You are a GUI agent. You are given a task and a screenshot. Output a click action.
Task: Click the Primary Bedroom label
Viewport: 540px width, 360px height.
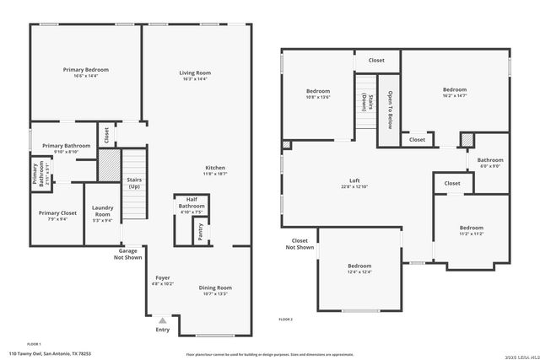coord(85,69)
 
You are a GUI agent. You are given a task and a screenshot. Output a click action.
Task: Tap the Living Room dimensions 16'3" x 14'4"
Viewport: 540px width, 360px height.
coord(194,79)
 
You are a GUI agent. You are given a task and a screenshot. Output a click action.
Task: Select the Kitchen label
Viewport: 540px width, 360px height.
coord(216,168)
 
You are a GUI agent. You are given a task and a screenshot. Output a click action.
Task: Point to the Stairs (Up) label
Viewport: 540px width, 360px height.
coord(133,183)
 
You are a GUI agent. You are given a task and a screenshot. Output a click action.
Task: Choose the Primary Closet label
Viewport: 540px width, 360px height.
coord(57,212)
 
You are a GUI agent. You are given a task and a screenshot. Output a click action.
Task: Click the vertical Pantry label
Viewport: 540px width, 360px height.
coord(200,232)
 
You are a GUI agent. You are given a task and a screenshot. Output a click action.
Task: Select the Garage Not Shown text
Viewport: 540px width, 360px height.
coord(128,254)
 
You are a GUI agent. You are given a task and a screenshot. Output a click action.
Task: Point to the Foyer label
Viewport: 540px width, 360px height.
coord(163,277)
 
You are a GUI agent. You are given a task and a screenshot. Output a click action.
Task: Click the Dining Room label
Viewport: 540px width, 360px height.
coord(216,287)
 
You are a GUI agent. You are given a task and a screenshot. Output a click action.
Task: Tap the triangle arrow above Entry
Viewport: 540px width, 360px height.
coord(163,320)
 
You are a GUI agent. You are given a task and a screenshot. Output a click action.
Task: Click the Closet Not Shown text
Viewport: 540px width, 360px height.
coord(300,244)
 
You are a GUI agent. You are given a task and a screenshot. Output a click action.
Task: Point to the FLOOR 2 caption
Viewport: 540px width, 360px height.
coord(286,320)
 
